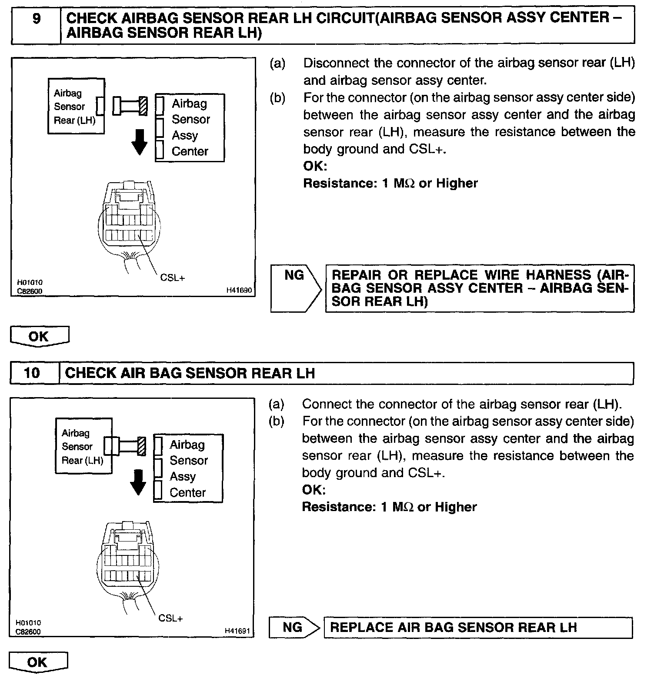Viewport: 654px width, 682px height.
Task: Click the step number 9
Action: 37,20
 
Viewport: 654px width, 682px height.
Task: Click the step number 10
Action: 32,373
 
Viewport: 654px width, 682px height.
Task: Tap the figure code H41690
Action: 239,290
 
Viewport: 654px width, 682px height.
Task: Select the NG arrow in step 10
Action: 294,627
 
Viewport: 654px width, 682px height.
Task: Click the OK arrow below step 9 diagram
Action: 40,337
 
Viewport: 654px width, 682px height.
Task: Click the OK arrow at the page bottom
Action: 38,662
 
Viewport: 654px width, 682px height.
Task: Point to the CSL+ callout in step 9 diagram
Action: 172,277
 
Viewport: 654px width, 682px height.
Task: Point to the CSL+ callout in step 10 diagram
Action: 170,618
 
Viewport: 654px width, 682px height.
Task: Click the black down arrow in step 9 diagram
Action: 139,143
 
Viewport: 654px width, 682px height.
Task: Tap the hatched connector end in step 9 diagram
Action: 143,106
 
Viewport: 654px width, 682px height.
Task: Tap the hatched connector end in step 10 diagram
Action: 141,446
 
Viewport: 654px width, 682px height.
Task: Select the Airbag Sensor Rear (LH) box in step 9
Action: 76,106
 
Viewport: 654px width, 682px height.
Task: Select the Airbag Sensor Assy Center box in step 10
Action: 188,468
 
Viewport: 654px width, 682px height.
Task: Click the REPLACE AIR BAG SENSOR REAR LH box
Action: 478,627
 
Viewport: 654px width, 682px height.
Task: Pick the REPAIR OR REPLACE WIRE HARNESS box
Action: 480,288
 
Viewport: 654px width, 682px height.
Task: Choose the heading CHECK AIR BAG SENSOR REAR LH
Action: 190,373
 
